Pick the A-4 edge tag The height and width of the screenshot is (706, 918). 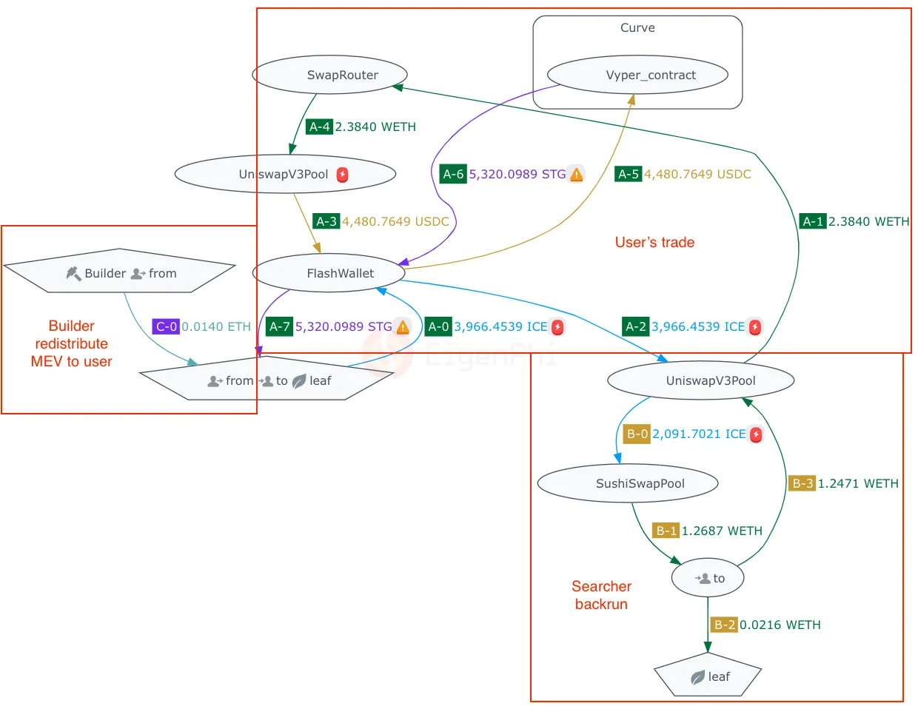coord(319,127)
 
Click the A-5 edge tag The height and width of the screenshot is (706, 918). coord(629,174)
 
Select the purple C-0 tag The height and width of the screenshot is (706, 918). coord(166,326)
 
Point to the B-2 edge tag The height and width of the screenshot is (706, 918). coord(724,625)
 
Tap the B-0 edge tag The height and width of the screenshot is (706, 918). coord(637,434)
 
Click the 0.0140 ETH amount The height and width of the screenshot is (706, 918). coord(216,326)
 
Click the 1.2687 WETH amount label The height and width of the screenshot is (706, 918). coord(722,531)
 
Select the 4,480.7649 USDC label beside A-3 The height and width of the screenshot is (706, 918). coord(395,221)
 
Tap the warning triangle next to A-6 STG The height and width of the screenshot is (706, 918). coord(577,175)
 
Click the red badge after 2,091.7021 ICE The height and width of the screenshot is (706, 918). coord(756,434)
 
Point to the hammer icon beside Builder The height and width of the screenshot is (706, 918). coord(73,273)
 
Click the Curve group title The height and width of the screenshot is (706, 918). coord(637,27)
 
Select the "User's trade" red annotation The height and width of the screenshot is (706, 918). coord(654,242)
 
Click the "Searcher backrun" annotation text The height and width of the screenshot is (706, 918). coord(601,595)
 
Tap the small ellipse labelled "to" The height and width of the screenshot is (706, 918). coord(708,578)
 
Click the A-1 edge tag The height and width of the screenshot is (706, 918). coord(813,221)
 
